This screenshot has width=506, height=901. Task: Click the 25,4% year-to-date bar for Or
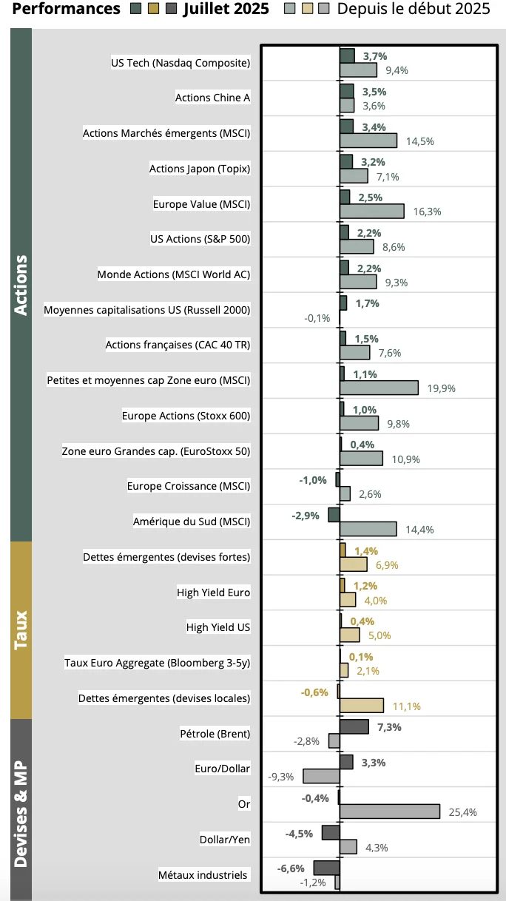coord(390,811)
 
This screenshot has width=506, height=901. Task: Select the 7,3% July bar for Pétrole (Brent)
coord(354,726)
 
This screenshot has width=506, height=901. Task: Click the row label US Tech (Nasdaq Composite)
coord(181,63)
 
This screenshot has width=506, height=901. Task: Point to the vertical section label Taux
coord(21,629)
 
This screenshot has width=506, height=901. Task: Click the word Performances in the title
coord(67,9)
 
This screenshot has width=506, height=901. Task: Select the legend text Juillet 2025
coord(221,9)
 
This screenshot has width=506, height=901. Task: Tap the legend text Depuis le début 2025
coord(414,9)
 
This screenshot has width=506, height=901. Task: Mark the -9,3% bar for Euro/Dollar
coord(321,776)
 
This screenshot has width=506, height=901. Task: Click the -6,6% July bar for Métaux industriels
coord(326,868)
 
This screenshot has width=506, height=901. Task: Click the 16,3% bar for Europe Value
coord(371,211)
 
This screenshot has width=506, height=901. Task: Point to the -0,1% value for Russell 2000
coord(317,318)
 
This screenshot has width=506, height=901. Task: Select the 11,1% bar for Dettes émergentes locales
coord(361,706)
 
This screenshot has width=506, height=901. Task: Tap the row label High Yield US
coord(218,627)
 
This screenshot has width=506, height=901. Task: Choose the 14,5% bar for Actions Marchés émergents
coord(368,141)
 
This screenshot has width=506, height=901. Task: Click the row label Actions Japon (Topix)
coord(200,169)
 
